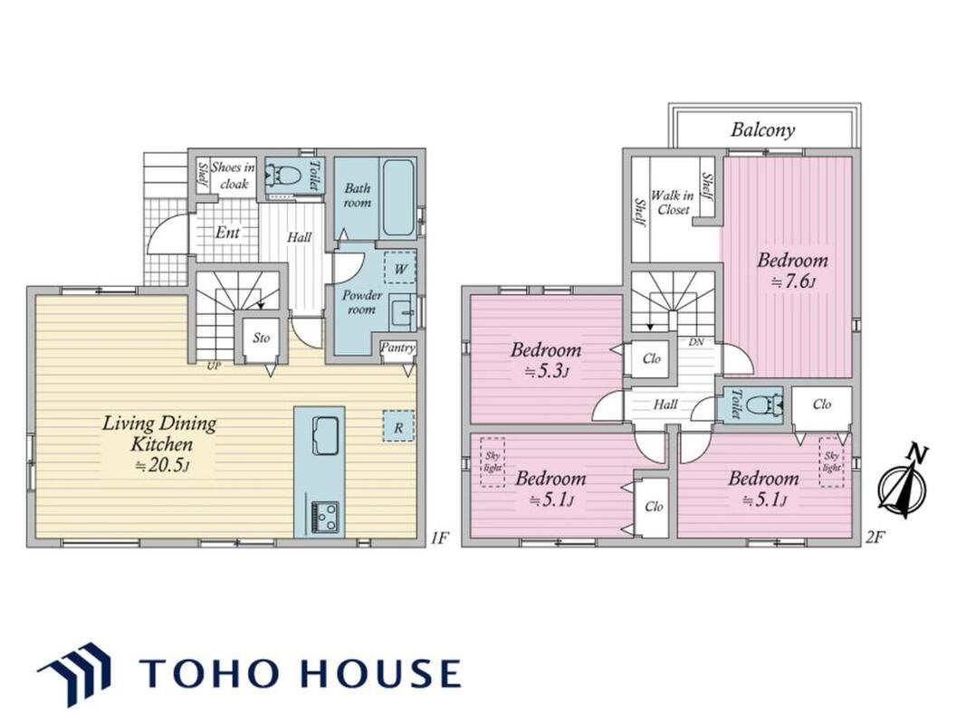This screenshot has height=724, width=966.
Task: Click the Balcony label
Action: tap(762, 129)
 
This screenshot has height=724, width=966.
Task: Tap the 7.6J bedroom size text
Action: tap(793, 282)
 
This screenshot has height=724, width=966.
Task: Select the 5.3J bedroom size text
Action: tap(546, 372)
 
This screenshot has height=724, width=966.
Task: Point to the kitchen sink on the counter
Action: tap(325, 435)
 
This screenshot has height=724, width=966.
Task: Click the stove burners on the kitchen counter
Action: tap(324, 516)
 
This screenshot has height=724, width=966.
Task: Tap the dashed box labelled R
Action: tap(398, 426)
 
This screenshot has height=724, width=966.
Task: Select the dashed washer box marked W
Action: tap(400, 268)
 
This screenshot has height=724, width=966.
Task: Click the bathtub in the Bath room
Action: tap(397, 198)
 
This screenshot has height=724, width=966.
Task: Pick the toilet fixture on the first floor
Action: tap(283, 176)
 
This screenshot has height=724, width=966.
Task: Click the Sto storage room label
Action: tap(262, 338)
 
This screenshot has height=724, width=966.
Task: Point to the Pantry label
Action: tap(397, 348)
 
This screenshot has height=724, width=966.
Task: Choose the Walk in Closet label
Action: tap(673, 202)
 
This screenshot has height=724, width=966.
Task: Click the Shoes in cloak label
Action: tap(233, 175)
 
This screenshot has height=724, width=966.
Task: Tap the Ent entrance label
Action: tap(227, 232)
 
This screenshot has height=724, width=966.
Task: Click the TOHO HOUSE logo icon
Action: tap(75, 673)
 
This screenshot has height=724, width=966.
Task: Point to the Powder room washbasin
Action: tap(402, 311)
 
